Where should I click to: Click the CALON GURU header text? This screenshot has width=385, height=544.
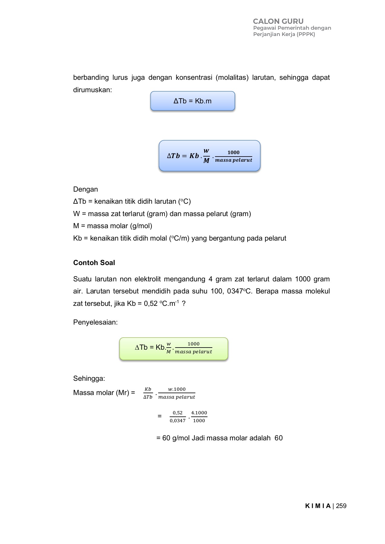click(x=278, y=21)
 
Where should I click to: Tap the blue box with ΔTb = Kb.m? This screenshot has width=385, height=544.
click(x=192, y=101)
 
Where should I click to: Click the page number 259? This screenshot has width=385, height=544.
click(x=341, y=506)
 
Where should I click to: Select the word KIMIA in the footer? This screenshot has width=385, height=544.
click(x=318, y=506)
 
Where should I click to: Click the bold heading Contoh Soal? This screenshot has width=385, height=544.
click(x=94, y=263)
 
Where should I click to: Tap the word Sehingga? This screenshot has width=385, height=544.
click(x=89, y=378)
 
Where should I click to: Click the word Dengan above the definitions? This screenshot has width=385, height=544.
click(x=85, y=189)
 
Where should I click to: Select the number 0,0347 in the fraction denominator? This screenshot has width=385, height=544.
click(x=178, y=421)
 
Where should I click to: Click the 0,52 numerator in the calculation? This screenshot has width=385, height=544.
click(x=178, y=413)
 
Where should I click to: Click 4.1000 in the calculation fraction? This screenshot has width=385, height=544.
click(x=199, y=413)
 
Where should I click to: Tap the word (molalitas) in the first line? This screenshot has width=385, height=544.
click(x=232, y=77)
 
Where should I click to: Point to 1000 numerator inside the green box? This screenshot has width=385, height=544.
click(x=193, y=344)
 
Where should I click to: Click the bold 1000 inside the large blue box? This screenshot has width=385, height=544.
click(x=233, y=153)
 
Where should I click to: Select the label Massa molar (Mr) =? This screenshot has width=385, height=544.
click(x=104, y=393)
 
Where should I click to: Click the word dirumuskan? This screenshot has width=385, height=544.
click(x=92, y=90)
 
